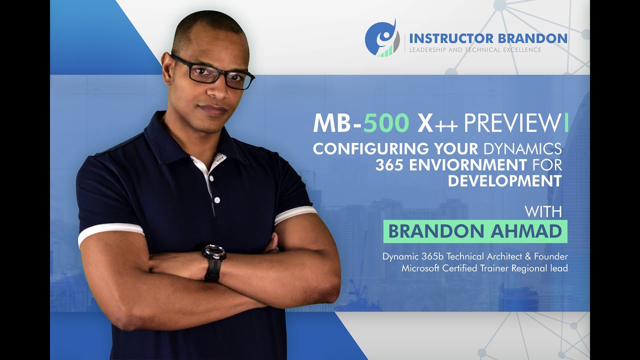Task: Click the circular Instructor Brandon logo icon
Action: (381, 37)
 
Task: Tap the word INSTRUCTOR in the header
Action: (446, 38)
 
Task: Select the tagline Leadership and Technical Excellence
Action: (475, 50)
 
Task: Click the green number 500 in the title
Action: (386, 124)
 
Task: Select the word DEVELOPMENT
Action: (505, 180)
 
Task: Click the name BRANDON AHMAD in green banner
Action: (475, 231)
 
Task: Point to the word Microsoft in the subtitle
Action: (422, 268)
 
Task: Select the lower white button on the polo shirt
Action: (217, 200)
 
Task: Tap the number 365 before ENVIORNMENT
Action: (390, 164)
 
